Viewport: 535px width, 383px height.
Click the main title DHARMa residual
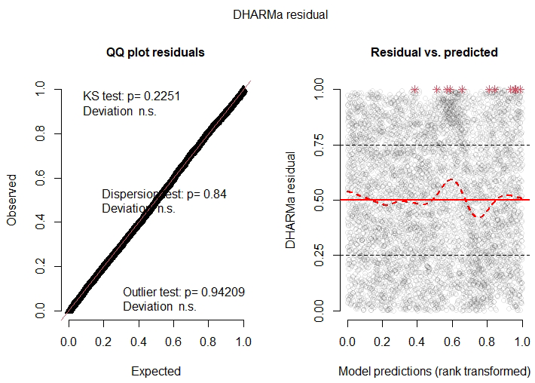pos(267,14)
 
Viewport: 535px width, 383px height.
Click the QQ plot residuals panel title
pos(155,53)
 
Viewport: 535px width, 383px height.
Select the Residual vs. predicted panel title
pos(434,53)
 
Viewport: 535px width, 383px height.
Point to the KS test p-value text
pos(131,97)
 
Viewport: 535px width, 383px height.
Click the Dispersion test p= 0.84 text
pos(164,194)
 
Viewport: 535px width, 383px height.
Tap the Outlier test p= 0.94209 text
pos(184,292)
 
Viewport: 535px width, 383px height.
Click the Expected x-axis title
pos(156,371)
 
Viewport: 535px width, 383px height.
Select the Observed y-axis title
pos(12,200)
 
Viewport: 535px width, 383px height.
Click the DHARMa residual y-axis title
pos(292,200)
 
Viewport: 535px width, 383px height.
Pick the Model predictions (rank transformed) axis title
pos(434,371)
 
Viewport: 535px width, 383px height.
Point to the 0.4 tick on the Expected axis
pos(139,341)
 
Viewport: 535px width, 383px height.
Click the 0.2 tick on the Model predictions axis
pos(383,341)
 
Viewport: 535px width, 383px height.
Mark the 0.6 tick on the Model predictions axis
pos(452,341)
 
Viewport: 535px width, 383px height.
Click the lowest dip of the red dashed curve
pos(479,216)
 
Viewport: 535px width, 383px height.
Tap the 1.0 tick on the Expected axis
pos(243,341)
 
